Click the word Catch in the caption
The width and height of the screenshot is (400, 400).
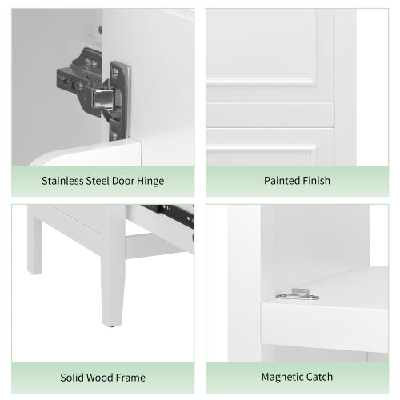(330, 376)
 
